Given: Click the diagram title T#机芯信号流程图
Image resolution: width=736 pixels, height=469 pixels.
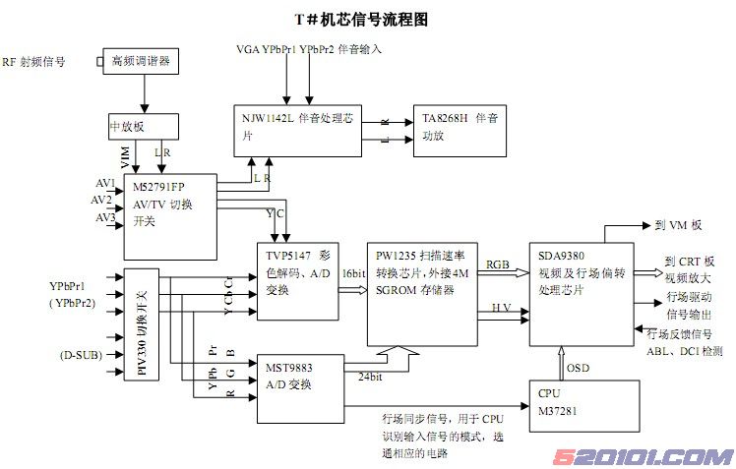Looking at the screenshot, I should pyautogui.click(x=362, y=19).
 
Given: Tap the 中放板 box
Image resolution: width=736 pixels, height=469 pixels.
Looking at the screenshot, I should pyautogui.click(x=144, y=127).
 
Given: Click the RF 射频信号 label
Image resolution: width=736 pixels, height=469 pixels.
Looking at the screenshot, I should pyautogui.click(x=34, y=61).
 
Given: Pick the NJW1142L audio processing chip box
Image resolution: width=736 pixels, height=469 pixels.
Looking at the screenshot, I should pyautogui.click(x=298, y=129).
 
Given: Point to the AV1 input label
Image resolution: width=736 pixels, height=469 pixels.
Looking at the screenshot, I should pyautogui.click(x=104, y=184).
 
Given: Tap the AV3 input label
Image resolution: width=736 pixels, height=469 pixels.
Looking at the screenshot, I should pyautogui.click(x=105, y=217).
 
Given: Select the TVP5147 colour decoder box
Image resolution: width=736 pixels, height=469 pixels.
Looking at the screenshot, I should pyautogui.click(x=294, y=278).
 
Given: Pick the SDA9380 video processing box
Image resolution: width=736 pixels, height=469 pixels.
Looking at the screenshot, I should pyautogui.click(x=580, y=293).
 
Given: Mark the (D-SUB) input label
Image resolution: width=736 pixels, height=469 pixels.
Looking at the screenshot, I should pyautogui.click(x=78, y=355).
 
